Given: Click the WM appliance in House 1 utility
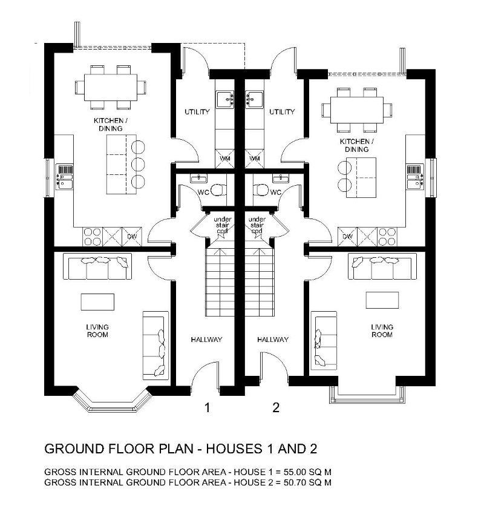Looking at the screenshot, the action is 224,158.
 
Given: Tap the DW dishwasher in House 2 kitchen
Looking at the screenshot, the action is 347,237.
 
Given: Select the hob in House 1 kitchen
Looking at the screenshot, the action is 93,237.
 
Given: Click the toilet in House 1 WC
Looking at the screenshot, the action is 219,190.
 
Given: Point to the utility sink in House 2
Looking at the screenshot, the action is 254,100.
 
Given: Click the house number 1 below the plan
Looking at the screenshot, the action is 208,407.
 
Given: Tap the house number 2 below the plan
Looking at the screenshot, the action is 276,407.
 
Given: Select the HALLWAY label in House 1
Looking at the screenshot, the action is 206,340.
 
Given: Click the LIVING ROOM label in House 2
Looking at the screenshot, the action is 382,330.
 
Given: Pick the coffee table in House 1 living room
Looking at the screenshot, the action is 97,302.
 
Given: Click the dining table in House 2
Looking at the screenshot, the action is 357,110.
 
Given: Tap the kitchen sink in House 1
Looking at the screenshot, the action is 64,177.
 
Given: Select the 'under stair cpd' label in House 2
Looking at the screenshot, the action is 257,225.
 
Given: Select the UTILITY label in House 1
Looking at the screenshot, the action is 197,111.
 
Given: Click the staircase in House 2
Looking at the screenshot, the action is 260,281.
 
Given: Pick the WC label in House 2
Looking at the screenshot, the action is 275,192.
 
